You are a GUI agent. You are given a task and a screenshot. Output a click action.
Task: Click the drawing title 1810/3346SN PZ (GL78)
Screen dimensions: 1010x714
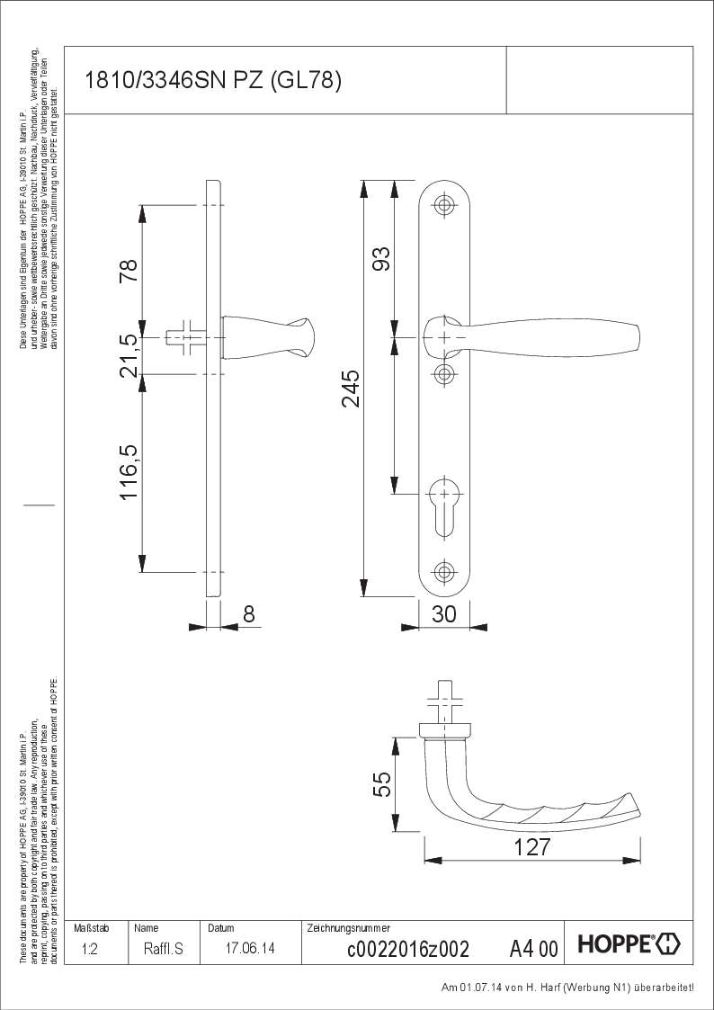point(212,82)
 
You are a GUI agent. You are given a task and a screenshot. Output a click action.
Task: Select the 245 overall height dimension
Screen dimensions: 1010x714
point(351,388)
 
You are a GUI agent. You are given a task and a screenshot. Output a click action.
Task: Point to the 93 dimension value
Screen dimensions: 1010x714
point(381,259)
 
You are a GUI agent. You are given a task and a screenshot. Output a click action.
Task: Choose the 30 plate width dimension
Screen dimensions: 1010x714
point(444,614)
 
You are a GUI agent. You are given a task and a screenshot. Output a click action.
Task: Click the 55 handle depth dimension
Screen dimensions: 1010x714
point(381,784)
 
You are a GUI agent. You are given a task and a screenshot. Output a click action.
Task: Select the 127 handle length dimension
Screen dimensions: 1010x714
point(531,847)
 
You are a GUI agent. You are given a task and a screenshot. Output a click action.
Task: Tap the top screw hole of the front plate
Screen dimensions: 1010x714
point(442,206)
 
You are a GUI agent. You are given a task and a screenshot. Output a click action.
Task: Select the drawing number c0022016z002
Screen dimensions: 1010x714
point(407,948)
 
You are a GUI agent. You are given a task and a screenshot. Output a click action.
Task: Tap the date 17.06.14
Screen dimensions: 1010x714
point(251,948)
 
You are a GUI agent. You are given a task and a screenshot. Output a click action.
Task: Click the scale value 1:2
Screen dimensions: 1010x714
point(89,948)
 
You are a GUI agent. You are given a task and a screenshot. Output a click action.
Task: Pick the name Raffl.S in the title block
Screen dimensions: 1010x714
point(163,948)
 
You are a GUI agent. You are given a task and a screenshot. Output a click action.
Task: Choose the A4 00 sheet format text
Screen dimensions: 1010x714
point(533,948)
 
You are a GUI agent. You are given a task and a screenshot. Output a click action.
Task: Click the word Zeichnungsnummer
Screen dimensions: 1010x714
point(348,927)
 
